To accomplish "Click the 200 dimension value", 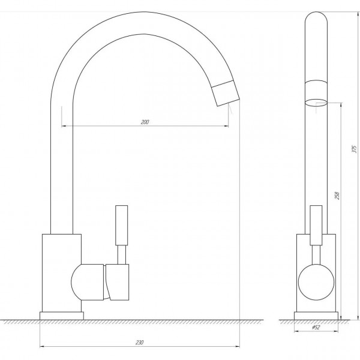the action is [145, 122].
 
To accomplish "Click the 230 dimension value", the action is [139, 343].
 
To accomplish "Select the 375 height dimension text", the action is [355, 149].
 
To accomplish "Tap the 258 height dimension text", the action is [337, 196].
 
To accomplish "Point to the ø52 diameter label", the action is [316, 328].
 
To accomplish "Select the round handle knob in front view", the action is [316, 282].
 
